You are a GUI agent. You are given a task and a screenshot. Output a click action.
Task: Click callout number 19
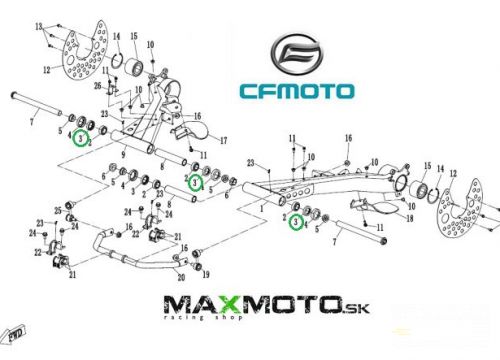pyautogui.click(x=205, y=273)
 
